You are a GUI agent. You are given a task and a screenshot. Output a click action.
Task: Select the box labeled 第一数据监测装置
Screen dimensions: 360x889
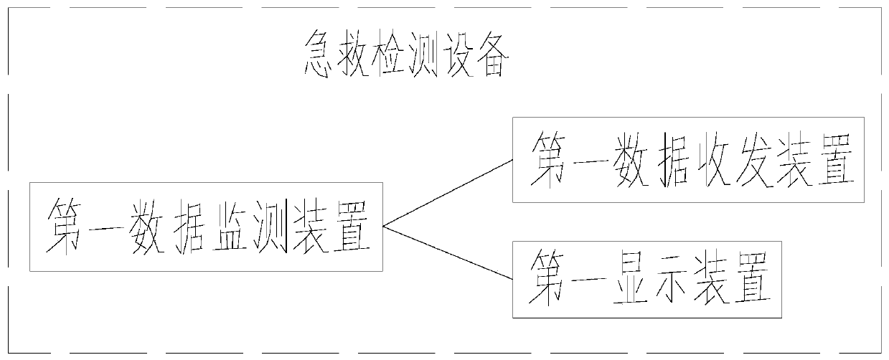coord(206,227)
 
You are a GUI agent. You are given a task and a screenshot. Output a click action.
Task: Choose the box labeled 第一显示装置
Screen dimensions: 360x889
coord(646,280)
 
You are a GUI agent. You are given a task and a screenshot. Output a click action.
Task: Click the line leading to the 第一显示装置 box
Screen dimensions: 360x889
coord(448,252)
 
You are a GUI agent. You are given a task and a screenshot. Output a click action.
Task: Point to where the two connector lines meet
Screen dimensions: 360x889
coord(384,227)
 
